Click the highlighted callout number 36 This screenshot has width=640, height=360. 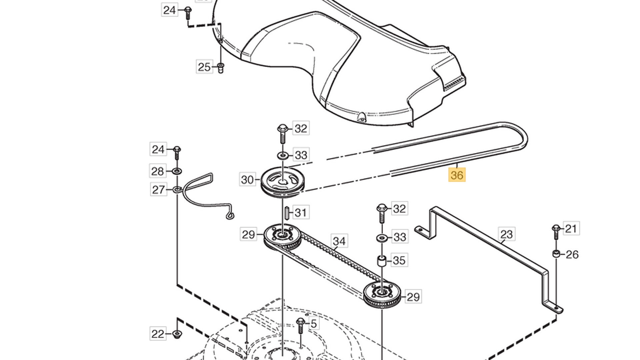tap(457, 175)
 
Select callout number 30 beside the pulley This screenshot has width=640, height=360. tap(247, 180)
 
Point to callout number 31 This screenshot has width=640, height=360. tap(301, 212)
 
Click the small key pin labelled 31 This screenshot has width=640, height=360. tap(286, 212)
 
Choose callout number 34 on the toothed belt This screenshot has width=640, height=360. tap(339, 241)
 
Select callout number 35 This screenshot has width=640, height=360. tap(399, 260)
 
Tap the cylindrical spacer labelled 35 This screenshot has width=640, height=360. tap(382, 260)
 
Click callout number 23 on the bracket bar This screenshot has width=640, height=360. tap(507, 234)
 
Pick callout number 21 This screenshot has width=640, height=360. tap(571, 229)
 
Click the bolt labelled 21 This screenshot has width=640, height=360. tap(556, 232)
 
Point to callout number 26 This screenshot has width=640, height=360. tap(572, 255)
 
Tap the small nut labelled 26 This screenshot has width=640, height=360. tap(556, 254)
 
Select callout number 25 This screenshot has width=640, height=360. tap(204, 67)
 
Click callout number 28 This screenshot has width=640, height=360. tap(158, 171)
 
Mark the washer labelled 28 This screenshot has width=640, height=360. tap(177, 171)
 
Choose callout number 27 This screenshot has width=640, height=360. tap(158, 190)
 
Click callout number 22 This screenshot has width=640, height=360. tap(158, 334)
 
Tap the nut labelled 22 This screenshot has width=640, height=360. tap(177, 334)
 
